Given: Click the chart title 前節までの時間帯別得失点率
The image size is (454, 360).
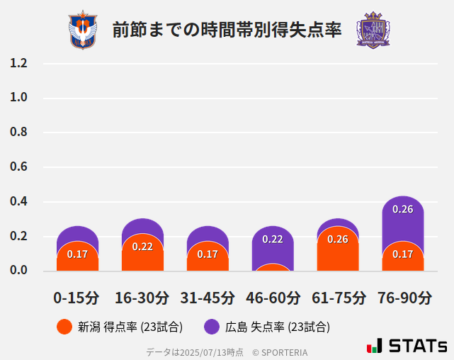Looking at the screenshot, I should [227, 30].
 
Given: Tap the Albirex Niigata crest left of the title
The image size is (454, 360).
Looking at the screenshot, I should [82, 30].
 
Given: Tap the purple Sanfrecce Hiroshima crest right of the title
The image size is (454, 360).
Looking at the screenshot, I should [373, 30].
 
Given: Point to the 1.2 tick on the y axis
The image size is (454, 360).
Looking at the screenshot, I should [18, 63].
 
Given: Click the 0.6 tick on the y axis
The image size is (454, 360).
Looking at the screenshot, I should [18, 167].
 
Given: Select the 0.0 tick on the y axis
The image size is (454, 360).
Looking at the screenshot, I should [18, 271].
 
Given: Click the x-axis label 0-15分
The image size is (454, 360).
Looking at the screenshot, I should [77, 297].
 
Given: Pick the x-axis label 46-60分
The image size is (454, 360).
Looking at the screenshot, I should [273, 297].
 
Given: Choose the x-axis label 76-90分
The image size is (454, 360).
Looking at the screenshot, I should [403, 297].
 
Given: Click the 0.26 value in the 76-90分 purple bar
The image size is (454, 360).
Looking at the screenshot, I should [403, 209].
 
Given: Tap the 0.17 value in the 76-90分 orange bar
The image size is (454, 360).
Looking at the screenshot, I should [403, 254].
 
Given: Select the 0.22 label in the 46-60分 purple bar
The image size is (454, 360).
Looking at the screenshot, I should [273, 239].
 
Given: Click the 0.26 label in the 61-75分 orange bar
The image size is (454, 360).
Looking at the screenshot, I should [338, 239].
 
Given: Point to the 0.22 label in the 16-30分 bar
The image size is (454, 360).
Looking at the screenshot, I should [142, 247].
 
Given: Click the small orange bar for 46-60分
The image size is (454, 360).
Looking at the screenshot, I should [273, 267].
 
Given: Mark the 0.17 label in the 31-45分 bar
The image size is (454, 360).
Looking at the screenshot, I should [208, 254].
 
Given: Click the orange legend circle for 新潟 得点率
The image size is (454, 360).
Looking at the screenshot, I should [64, 327].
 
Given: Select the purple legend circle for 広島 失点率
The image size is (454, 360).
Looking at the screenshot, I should [212, 327].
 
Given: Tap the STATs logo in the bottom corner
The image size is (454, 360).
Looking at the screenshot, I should [407, 346].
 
